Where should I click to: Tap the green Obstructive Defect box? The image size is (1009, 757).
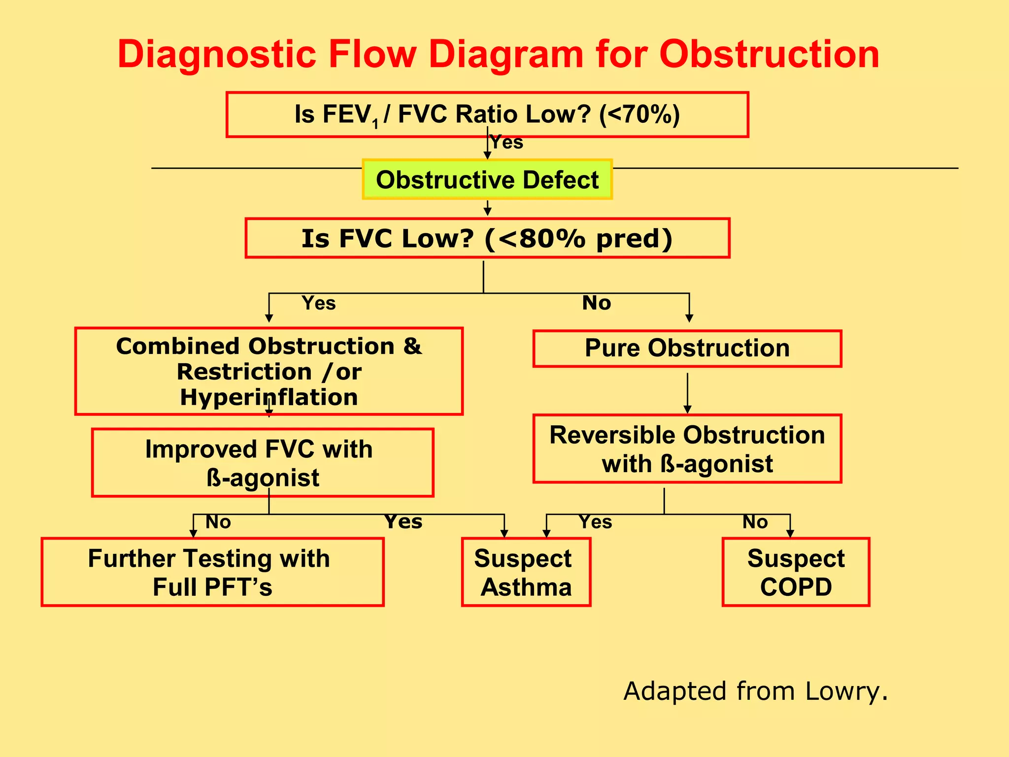(x=487, y=179)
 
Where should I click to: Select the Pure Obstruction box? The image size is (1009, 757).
(x=687, y=348)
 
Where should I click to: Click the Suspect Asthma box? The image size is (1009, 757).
(x=526, y=572)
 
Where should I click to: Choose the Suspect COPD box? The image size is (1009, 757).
(x=795, y=572)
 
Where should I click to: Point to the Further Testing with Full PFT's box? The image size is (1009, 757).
(x=212, y=572)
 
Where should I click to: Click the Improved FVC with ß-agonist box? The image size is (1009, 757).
(x=262, y=463)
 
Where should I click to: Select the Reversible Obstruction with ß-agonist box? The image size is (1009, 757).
(x=687, y=449)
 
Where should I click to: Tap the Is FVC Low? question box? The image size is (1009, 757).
(x=487, y=239)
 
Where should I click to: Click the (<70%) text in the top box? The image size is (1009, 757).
(x=639, y=114)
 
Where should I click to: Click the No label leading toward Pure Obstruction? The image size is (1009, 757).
(x=596, y=303)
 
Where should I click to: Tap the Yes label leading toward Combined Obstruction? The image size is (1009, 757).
(x=319, y=303)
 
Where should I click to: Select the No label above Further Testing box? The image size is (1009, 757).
(x=218, y=521)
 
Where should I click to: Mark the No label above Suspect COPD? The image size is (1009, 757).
(x=755, y=521)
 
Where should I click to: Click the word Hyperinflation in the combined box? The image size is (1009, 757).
(x=269, y=397)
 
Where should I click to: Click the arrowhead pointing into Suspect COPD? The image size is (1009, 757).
(x=790, y=533)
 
